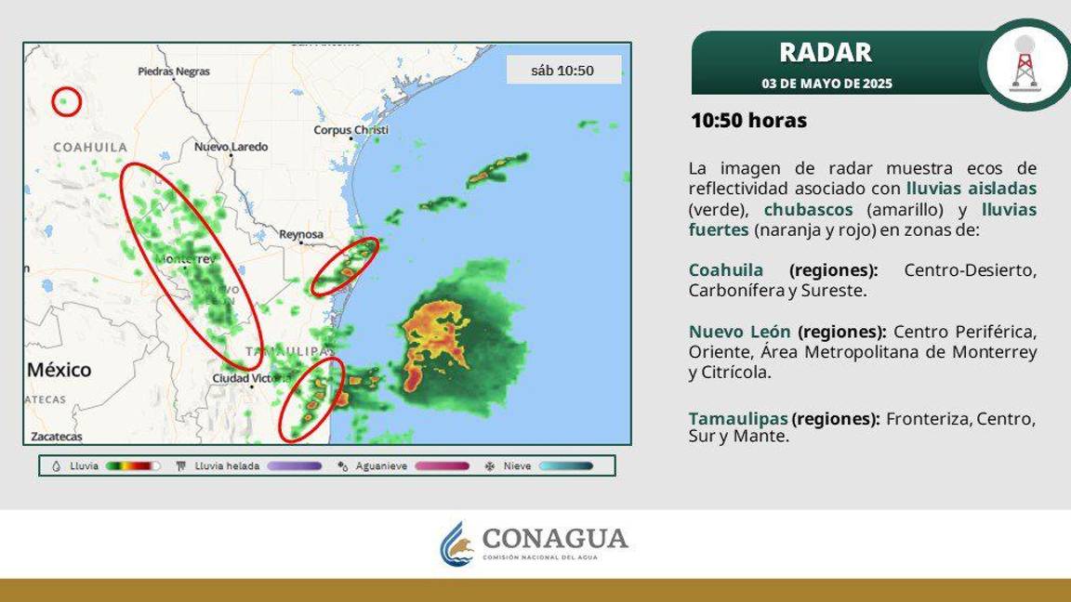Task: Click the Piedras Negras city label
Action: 174,72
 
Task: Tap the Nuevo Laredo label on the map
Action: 231,147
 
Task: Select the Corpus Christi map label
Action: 350,130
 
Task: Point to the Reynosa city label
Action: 301,235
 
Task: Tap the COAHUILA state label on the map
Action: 90,148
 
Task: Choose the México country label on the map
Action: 59,370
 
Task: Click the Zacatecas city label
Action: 57,436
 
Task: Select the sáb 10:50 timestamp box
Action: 562,71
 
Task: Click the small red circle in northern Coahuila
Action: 66,101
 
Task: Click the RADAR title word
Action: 826,52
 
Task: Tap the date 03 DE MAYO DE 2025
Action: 826,84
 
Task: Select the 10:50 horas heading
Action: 748,121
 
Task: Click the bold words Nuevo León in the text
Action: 740,332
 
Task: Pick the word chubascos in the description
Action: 808,210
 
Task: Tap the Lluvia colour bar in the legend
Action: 133,466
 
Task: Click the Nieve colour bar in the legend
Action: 566,466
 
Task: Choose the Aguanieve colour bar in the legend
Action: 443,466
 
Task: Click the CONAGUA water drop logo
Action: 456,543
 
